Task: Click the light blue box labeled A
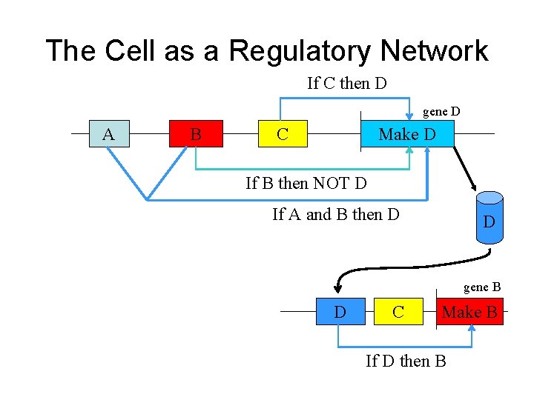[108, 134]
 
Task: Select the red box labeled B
[196, 134]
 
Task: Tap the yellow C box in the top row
[283, 134]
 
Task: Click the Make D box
[406, 134]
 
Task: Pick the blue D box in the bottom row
[340, 312]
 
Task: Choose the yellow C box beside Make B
[398, 312]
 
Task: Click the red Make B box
[469, 312]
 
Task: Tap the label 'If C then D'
[347, 83]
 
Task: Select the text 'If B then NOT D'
[306, 182]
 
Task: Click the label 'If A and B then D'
[336, 215]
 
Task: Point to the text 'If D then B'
[406, 361]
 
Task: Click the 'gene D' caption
[441, 112]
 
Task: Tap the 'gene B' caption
[482, 287]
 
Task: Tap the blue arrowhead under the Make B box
[471, 330]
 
